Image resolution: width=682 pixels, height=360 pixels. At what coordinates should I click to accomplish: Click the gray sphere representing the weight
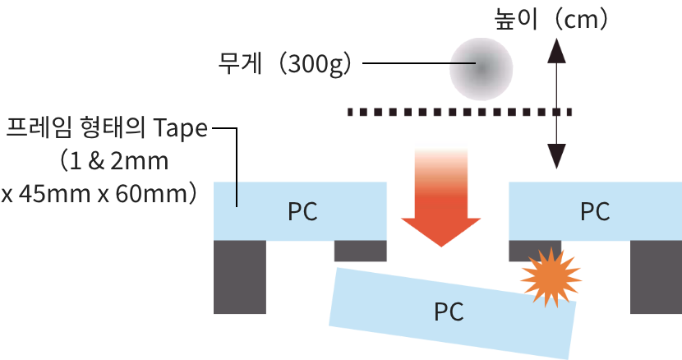pyautogui.click(x=481, y=67)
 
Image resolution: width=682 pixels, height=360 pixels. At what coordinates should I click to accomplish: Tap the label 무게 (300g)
pyautogui.click(x=284, y=63)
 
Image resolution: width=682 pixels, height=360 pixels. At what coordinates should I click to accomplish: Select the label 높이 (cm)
pyautogui.click(x=551, y=19)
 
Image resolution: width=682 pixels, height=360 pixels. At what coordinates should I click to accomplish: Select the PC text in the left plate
pyautogui.click(x=302, y=211)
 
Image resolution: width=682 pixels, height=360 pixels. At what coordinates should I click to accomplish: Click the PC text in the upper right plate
pyautogui.click(x=595, y=211)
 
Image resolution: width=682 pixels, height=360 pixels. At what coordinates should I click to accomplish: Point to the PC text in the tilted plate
pyautogui.click(x=449, y=312)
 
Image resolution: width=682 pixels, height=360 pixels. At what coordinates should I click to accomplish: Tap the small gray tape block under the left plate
pyautogui.click(x=361, y=250)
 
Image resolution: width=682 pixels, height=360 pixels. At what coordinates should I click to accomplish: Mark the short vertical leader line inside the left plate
pyautogui.click(x=237, y=194)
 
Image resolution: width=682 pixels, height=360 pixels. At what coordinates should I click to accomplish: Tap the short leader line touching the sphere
pyautogui.click(x=462, y=63)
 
